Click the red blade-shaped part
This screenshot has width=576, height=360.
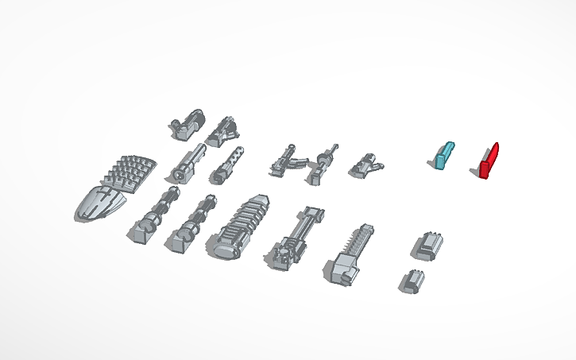pos(489,162)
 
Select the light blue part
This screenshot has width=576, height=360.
pos(443,155)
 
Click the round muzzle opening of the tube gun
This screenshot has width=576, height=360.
pos(179,173)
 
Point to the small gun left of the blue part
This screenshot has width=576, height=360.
pos(366,165)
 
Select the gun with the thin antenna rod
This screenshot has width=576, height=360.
pos(323,164)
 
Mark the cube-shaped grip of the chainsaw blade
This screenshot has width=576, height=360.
pos(338,271)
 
